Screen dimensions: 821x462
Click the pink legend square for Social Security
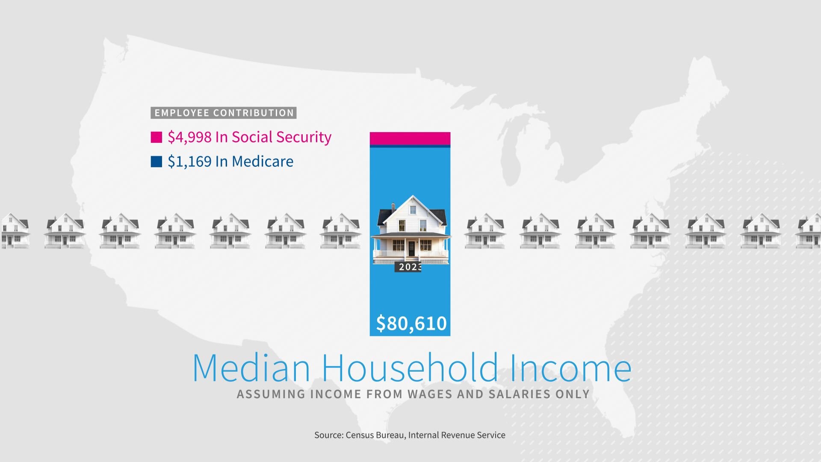(x=157, y=137)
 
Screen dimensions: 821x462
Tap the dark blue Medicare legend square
(x=157, y=162)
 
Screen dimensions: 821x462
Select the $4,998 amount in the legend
(x=190, y=137)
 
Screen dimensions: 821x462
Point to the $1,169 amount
(x=190, y=162)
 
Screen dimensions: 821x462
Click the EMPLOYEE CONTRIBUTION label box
(x=224, y=113)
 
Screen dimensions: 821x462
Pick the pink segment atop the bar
(x=410, y=139)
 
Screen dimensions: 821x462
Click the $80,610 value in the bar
(x=411, y=323)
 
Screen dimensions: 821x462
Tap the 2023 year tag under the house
(x=408, y=267)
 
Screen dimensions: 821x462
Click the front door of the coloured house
(x=411, y=249)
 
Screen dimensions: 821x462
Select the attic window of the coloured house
(x=413, y=210)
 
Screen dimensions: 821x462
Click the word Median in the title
(x=251, y=367)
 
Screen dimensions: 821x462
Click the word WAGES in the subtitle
(x=430, y=394)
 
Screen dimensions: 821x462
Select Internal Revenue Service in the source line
(x=457, y=435)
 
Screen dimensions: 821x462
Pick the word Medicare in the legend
(x=263, y=162)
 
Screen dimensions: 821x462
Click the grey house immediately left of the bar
(x=340, y=231)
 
